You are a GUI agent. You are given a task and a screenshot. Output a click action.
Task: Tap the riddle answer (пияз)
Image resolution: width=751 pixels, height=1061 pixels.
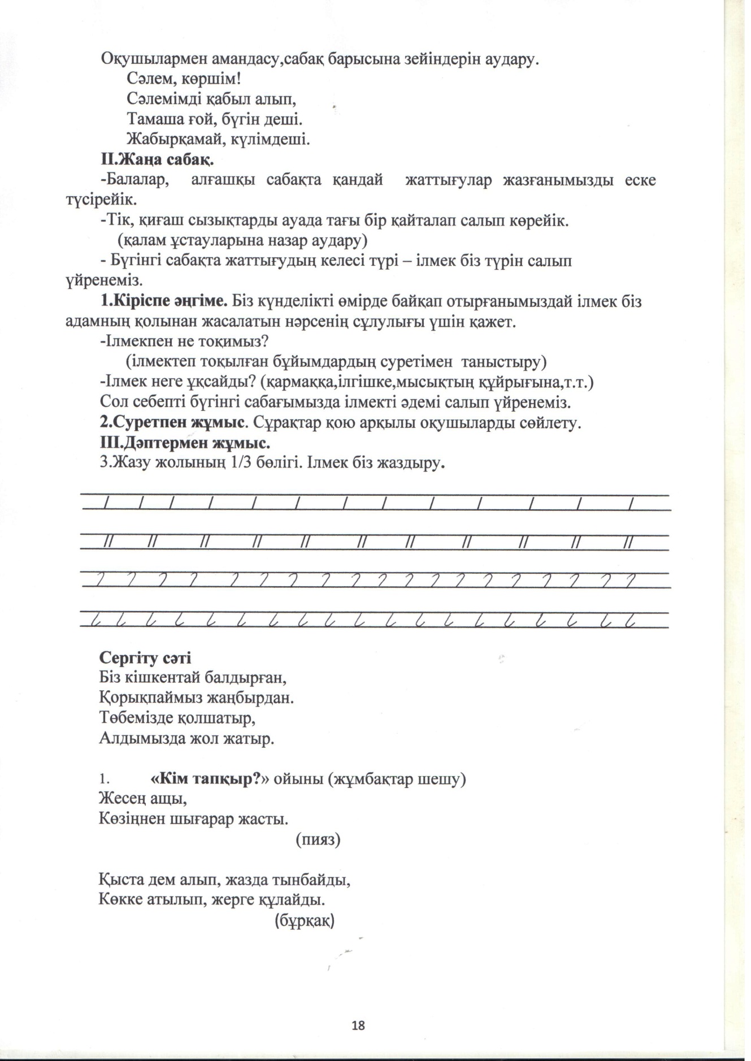pyautogui.click(x=318, y=840)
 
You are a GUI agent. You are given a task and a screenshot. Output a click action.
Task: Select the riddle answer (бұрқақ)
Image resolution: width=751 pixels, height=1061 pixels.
pyautogui.click(x=305, y=921)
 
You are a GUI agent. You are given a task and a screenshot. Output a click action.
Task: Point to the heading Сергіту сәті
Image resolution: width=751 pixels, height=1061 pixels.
pyautogui.click(x=145, y=658)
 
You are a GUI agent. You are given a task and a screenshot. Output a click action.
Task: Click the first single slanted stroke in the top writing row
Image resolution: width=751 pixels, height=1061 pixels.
pyautogui.click(x=106, y=502)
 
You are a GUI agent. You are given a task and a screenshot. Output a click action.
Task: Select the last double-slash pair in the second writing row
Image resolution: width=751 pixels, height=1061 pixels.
pyautogui.click(x=627, y=542)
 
